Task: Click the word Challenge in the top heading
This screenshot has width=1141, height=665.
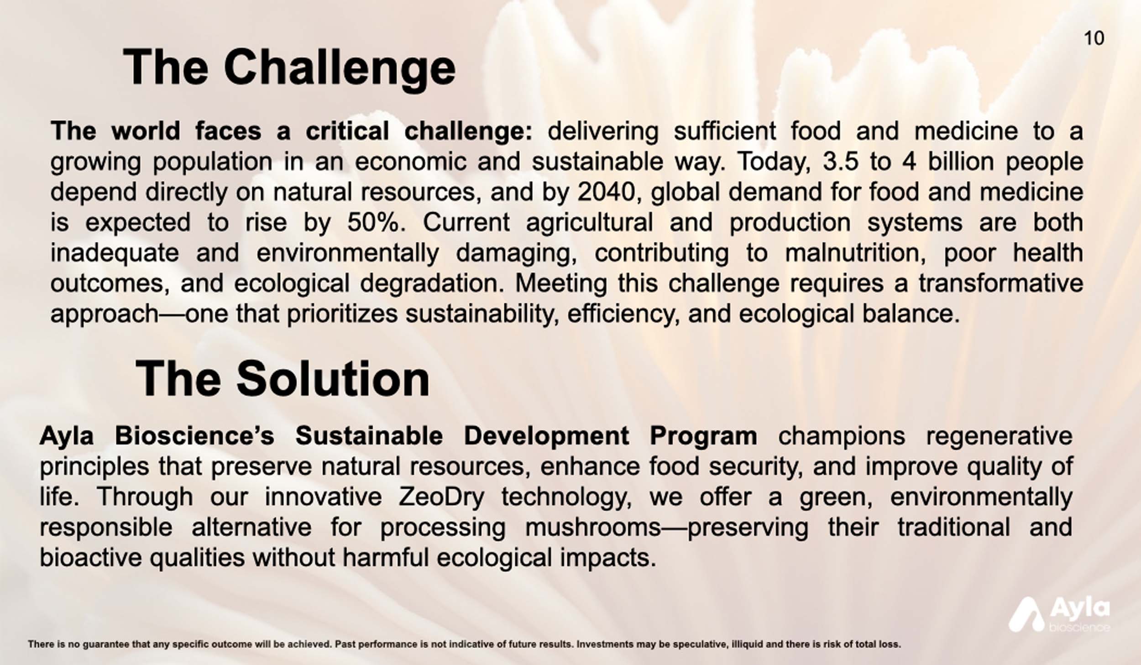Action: (340, 68)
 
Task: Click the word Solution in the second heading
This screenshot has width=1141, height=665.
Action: (333, 378)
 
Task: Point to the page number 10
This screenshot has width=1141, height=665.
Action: (1094, 38)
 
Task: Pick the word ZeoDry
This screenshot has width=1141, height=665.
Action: (441, 497)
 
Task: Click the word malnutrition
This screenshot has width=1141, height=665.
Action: (854, 253)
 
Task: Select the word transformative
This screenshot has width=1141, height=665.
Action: (1001, 283)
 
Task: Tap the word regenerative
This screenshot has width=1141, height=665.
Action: (999, 436)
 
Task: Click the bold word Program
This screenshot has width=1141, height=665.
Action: (703, 436)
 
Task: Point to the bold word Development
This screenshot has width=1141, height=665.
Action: (546, 436)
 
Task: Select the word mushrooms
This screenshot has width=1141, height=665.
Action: (593, 527)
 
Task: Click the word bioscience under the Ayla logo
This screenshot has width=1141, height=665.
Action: (1079, 627)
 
